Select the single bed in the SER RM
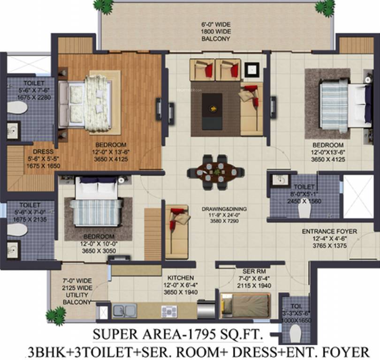(244, 305)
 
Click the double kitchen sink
(125, 310)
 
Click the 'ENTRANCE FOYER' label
(329, 232)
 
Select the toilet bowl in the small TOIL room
(295, 334)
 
